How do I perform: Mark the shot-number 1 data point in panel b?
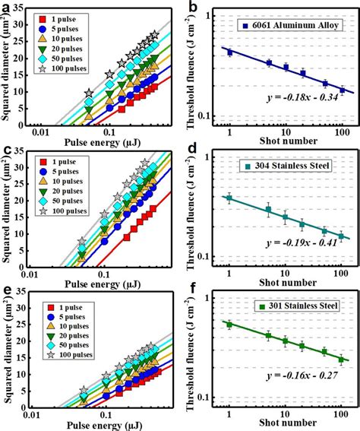[x=230, y=52]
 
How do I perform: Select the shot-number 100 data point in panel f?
[x=343, y=360]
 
